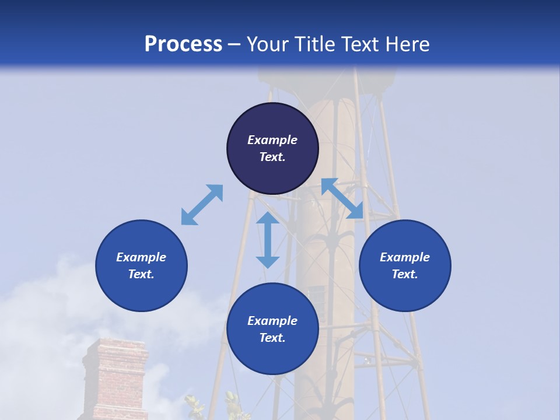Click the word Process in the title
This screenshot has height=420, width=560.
pos(183,44)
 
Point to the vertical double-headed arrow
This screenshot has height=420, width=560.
pos(268,240)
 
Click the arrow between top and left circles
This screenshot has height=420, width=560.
pos(202,205)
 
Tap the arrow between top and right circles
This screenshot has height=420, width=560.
pos(342,198)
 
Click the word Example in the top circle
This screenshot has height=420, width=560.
pos(272,140)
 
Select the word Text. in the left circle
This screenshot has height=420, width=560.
pos(141,274)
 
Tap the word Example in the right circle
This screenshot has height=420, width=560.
pos(405,257)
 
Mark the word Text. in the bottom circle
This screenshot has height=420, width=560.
pos(272,338)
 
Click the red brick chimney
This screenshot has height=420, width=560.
pos(115,379)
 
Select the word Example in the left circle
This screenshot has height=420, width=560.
pos(141,257)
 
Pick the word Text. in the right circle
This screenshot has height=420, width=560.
pos(405,274)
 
